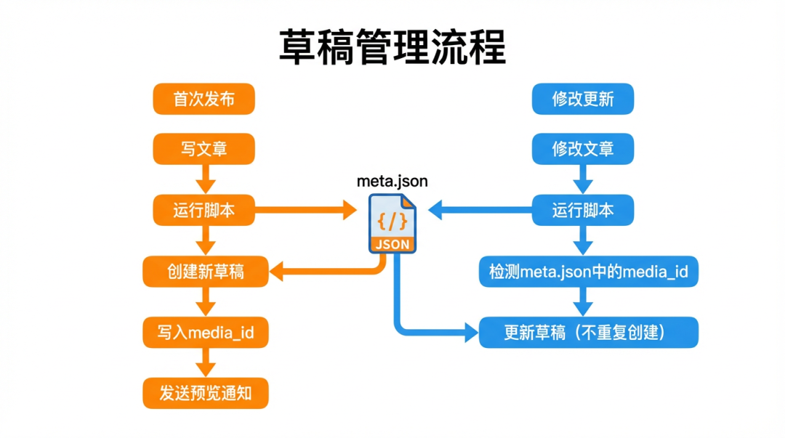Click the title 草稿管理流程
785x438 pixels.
click(x=392, y=48)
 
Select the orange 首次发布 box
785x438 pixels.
click(x=204, y=100)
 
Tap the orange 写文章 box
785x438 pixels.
click(x=204, y=150)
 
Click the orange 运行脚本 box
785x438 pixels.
click(x=204, y=211)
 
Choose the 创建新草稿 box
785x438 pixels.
click(x=206, y=272)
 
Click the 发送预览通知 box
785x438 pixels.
click(x=206, y=394)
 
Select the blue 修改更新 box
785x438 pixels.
click(x=583, y=100)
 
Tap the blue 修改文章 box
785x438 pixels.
click(x=583, y=150)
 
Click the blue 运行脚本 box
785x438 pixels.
click(x=583, y=211)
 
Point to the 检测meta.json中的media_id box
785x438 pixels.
click(x=589, y=272)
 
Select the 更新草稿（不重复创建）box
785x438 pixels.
click(x=589, y=333)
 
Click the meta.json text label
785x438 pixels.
click(x=392, y=182)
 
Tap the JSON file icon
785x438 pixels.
click(x=392, y=224)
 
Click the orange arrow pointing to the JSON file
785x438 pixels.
click(x=305, y=211)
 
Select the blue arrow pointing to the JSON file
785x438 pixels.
click(x=480, y=211)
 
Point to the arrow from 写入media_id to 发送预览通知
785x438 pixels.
click(x=204, y=362)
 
